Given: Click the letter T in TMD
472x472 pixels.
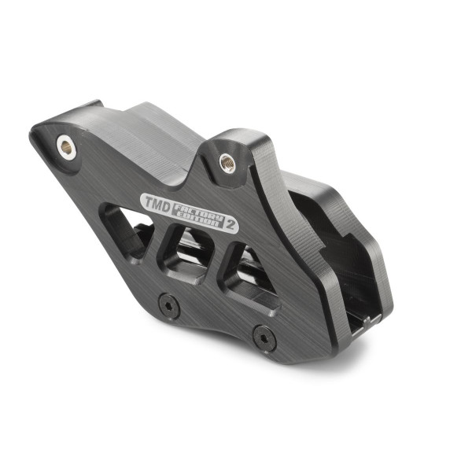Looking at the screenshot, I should (x=147, y=200).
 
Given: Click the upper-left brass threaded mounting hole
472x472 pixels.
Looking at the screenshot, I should (x=66, y=144).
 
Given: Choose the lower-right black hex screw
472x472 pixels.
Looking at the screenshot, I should (x=262, y=340).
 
